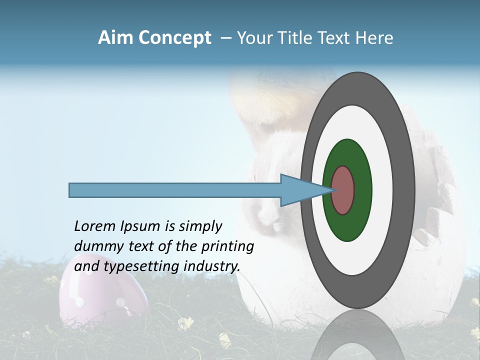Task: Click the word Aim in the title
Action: tap(115, 38)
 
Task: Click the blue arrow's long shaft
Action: tap(175, 190)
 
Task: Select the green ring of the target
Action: tap(348, 225)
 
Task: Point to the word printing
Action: tap(227, 247)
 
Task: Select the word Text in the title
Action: tap(335, 38)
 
